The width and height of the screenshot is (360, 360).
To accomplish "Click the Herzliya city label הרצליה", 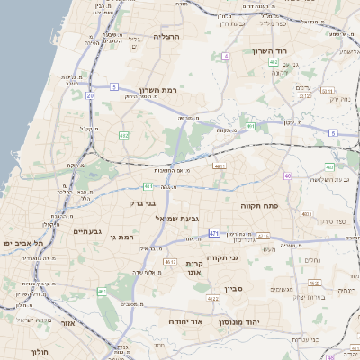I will click(167, 37).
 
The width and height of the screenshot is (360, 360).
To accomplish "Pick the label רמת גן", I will click(120, 237).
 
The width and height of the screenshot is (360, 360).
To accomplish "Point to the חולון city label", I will click(39, 351).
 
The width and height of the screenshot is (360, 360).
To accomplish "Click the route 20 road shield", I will click(90, 94).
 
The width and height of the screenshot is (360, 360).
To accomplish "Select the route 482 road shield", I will click(123, 135).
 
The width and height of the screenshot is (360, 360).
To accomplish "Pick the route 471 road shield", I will click(213, 234).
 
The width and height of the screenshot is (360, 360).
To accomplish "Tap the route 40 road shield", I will click(287, 175).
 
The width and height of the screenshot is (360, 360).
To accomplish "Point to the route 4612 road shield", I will click(170, 262).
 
